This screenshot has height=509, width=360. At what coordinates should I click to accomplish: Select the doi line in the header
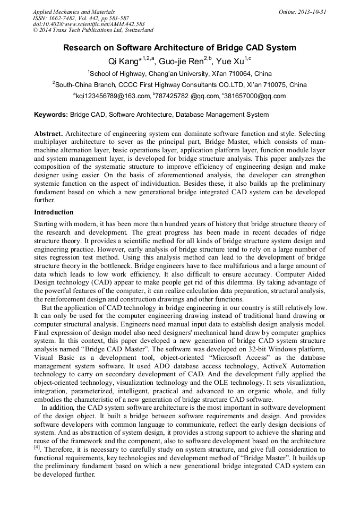[x=89, y=24]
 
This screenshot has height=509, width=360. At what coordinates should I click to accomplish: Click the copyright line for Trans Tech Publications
[x=93, y=30]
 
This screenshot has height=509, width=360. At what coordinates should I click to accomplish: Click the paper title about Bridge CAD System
[x=179, y=48]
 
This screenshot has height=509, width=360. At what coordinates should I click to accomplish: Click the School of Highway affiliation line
[x=179, y=73]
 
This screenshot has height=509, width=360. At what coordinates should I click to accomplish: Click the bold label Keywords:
[x=51, y=115]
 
